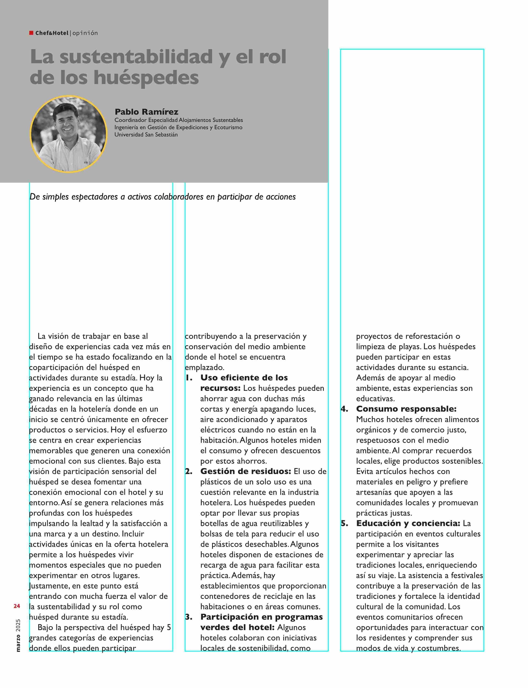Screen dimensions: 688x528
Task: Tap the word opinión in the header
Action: click(85, 33)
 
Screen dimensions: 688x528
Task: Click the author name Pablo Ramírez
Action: click(146, 112)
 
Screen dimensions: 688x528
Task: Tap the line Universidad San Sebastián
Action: click(146, 135)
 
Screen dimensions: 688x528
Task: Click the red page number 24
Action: click(17, 606)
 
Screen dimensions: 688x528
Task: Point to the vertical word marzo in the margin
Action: click(18, 643)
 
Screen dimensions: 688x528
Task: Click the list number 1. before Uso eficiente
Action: click(189, 378)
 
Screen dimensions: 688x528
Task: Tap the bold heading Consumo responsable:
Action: click(406, 409)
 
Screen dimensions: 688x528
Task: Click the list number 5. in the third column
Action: click(345, 523)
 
